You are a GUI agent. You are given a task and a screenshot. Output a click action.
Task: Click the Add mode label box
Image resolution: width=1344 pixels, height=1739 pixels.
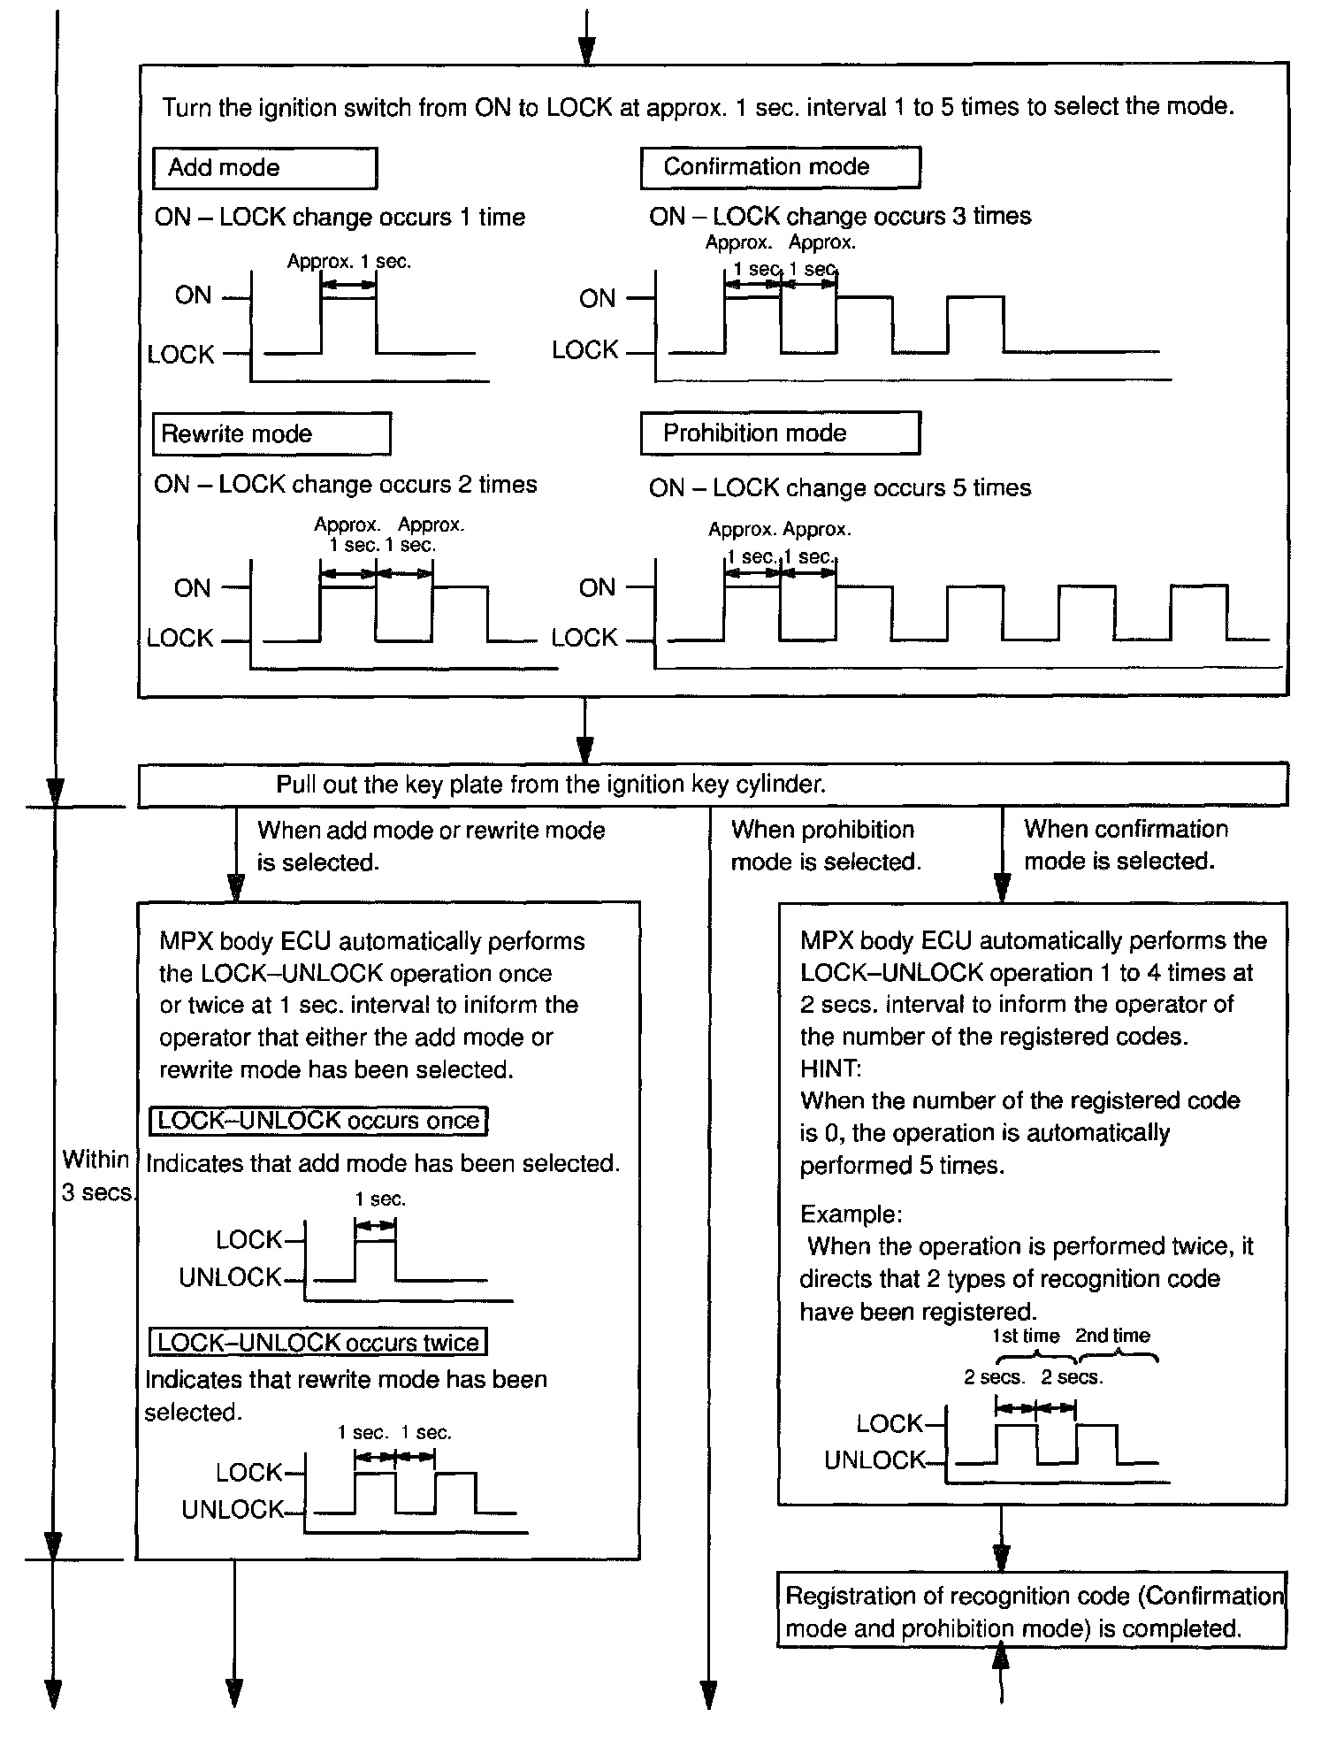(x=264, y=168)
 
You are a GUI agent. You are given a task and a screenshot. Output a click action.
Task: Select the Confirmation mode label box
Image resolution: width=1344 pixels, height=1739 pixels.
(x=780, y=167)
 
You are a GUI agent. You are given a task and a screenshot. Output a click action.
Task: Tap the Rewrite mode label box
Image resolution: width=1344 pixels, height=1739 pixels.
(x=271, y=434)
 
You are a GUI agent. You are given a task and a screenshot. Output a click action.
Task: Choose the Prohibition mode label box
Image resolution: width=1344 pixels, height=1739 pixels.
(x=780, y=433)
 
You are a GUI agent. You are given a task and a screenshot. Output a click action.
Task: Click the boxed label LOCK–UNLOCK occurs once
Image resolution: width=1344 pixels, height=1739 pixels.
(x=318, y=1121)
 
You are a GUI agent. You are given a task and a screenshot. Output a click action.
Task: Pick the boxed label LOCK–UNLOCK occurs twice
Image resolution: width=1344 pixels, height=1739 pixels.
(x=318, y=1342)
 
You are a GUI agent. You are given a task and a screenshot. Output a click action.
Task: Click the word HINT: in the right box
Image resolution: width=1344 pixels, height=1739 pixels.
(x=830, y=1069)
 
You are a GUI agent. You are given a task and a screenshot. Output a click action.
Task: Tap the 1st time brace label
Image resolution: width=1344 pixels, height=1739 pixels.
(x=1026, y=1336)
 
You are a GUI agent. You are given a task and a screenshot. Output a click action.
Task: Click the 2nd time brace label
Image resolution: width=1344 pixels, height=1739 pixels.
(x=1112, y=1336)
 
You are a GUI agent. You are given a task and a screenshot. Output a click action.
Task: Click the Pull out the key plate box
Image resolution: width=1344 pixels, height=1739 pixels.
(x=713, y=785)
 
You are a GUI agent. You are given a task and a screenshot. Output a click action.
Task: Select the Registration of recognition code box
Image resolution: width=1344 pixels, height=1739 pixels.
(x=1031, y=1612)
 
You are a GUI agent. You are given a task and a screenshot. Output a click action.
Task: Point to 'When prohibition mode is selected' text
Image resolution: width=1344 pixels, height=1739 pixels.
(x=825, y=846)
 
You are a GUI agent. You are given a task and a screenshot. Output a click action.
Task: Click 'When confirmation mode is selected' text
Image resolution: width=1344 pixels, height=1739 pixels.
(x=1126, y=845)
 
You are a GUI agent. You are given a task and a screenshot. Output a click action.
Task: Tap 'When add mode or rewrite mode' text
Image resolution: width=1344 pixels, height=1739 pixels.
(x=431, y=846)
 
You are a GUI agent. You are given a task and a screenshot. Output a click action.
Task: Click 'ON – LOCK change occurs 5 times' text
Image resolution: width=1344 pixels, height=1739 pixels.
(x=840, y=488)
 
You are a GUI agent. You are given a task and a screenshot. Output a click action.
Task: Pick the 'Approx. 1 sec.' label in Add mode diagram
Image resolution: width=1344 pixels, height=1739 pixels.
(x=349, y=262)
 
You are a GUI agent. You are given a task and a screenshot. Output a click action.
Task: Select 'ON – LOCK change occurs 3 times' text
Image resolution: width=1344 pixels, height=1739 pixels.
(x=840, y=217)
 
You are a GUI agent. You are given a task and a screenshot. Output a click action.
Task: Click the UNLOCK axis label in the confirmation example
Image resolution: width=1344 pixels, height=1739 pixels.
(x=874, y=1460)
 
